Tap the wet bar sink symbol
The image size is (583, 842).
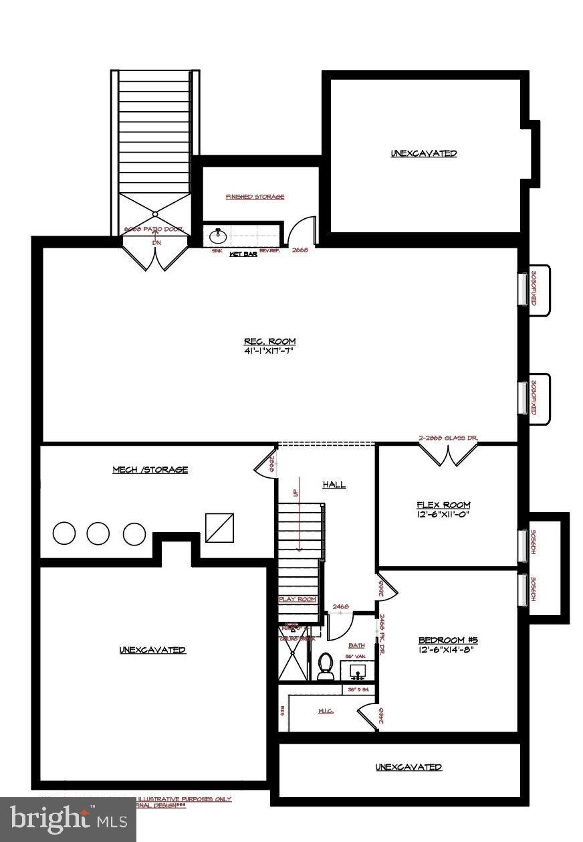click(217, 236)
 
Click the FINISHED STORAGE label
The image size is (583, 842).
click(255, 197)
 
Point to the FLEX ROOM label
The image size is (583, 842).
click(443, 505)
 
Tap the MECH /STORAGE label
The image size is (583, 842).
click(150, 470)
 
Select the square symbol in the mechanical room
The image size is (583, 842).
click(219, 527)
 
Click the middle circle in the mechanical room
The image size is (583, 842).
click(98, 533)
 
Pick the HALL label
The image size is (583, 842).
click(334, 485)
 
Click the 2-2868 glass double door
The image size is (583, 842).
click(448, 455)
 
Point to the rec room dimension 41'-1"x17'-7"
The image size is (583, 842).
click(270, 351)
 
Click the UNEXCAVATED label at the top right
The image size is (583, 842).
click(424, 153)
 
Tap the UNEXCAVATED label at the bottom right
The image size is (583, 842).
click(409, 767)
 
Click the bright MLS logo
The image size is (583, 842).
click(68, 819)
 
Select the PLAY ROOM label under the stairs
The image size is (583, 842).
click(298, 600)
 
